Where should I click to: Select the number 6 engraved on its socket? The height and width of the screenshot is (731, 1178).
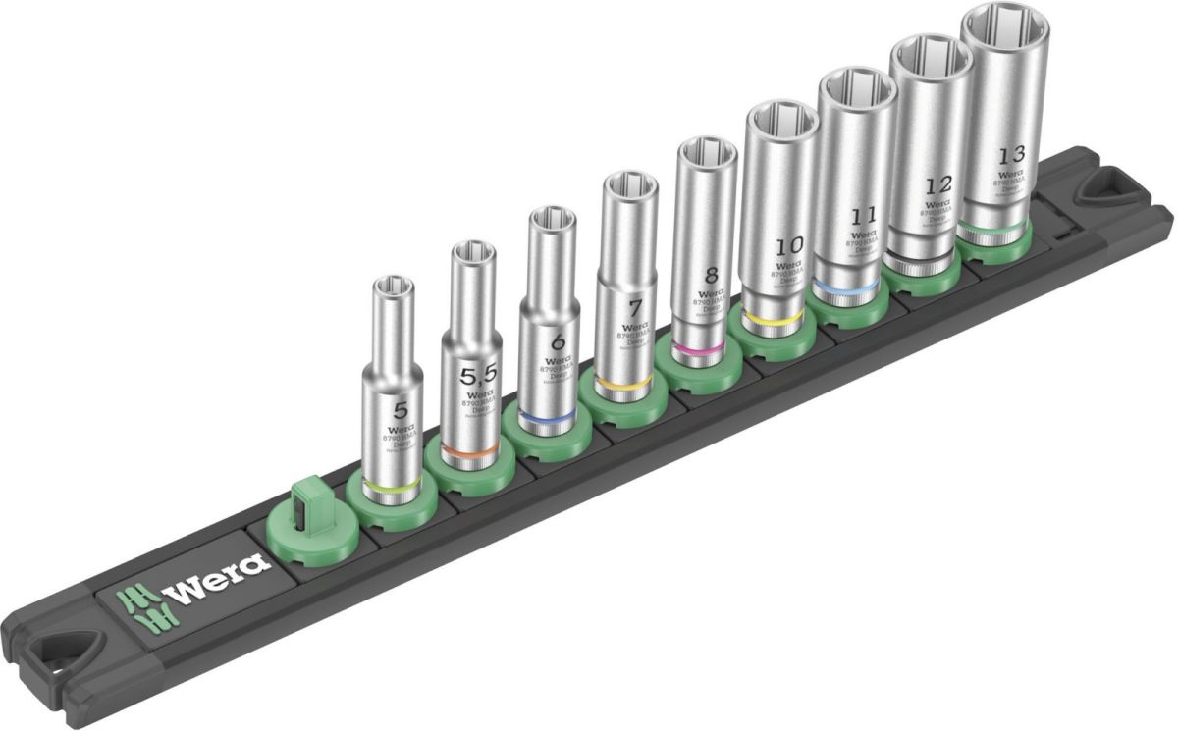click(x=558, y=343)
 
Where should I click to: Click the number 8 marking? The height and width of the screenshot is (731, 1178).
click(x=711, y=275)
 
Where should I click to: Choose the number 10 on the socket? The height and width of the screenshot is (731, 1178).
click(x=787, y=244)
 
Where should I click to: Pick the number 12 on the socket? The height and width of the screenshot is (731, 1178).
click(x=938, y=185)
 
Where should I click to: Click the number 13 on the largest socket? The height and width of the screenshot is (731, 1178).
click(x=1011, y=155)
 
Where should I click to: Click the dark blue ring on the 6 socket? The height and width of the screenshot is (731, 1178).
click(x=545, y=419)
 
